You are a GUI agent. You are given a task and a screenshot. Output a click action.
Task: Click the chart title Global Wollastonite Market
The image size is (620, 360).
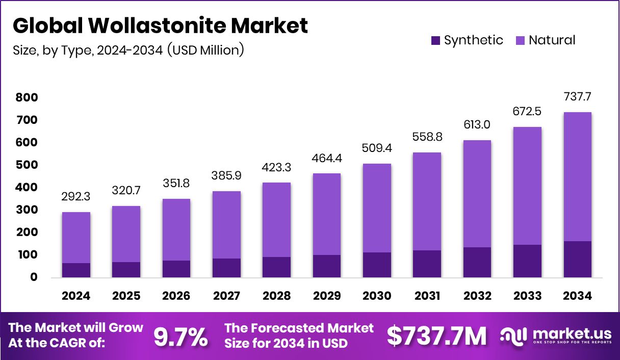pos(160,25)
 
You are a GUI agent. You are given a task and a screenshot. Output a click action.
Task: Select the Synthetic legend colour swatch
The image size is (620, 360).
pos(435,40)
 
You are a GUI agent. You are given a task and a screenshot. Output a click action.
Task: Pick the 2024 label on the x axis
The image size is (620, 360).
pos(76,296)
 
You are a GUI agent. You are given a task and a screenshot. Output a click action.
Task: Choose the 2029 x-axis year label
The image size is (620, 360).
pos(327,296)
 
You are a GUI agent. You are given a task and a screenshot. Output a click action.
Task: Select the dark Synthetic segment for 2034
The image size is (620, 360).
pos(577,259)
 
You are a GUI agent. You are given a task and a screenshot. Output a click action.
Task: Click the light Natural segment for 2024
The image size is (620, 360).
pos(76,237)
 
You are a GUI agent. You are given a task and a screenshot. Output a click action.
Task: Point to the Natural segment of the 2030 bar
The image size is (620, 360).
pos(377,208)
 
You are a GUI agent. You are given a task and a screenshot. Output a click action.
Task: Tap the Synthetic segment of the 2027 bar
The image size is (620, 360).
pos(226,268)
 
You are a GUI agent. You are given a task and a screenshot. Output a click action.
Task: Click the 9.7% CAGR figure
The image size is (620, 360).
pos(181,337)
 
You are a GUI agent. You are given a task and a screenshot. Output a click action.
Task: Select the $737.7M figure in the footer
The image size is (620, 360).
pos(436,337)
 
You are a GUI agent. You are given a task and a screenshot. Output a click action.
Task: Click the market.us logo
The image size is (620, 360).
pos(556,336)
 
